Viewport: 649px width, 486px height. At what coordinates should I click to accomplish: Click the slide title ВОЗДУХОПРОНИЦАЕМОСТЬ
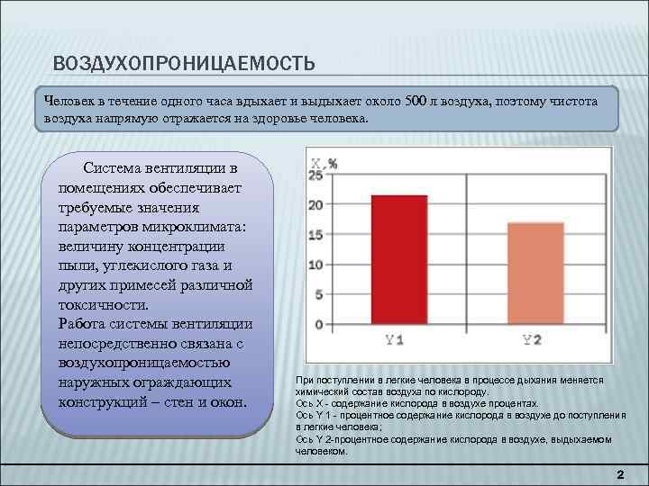[183, 63]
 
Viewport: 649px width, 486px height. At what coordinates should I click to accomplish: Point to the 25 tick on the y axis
[315, 176]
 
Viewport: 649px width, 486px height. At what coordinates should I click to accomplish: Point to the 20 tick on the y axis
[315, 205]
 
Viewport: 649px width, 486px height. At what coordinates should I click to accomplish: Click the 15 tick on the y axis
[315, 235]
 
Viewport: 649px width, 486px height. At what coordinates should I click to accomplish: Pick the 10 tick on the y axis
[315, 265]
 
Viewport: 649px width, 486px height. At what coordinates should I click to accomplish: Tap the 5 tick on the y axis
[318, 294]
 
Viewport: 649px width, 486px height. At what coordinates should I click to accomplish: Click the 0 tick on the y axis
[318, 324]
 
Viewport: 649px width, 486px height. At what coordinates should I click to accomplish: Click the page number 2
[619, 473]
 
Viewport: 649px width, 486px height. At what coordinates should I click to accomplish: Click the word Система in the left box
[114, 167]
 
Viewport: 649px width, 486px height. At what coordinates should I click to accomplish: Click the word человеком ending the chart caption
[321, 452]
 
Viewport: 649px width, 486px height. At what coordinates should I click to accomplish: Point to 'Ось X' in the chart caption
[308, 404]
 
